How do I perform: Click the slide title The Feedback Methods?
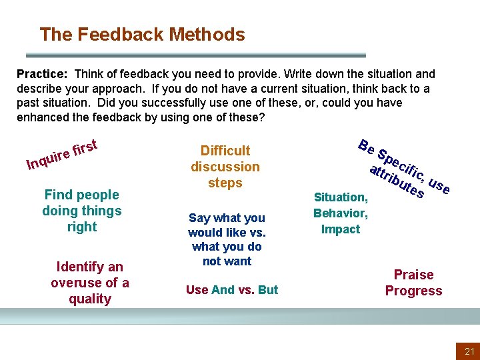coord(142,34)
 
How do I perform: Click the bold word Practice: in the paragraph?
coord(40,74)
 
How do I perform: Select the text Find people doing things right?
coord(81,211)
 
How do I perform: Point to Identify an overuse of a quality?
coord(90,283)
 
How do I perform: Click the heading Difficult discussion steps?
coord(225,167)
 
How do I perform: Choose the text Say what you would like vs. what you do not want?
coord(227,239)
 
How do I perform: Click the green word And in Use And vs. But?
coord(223,290)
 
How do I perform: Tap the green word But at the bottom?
coord(268,290)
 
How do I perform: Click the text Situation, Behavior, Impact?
coord(341,213)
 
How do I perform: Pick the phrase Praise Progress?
coord(413,283)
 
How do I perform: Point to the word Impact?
coord(341,229)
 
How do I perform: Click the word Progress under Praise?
coord(413,291)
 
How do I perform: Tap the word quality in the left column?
coord(90,299)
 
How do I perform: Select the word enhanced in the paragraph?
coord(42,117)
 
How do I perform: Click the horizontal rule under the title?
coord(195,55)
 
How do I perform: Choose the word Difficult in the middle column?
coord(225,151)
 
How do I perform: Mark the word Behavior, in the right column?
coord(341,213)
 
